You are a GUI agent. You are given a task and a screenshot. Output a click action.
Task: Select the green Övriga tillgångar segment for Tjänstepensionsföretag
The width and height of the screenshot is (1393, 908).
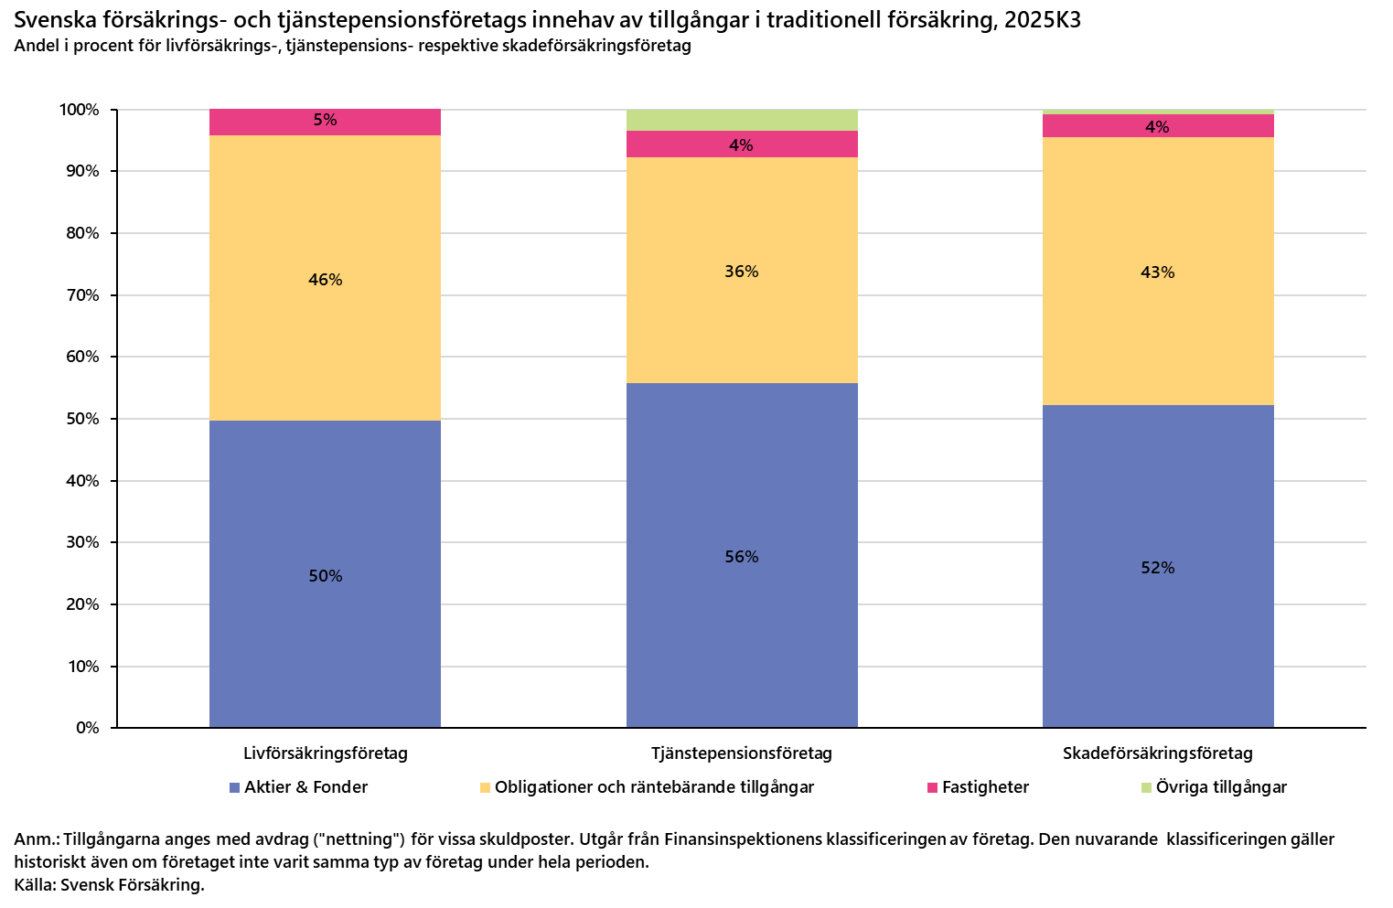[742, 120]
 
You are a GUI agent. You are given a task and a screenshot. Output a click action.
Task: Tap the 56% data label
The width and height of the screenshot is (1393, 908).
[742, 557]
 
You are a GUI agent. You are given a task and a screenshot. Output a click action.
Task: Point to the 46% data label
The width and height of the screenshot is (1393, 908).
[325, 280]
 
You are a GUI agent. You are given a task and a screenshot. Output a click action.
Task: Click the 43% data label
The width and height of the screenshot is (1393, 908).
[1157, 272]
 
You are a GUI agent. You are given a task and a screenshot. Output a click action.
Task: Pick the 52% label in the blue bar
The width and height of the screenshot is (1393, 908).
[1157, 568]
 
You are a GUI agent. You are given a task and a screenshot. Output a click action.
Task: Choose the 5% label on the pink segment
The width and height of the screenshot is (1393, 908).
[325, 120]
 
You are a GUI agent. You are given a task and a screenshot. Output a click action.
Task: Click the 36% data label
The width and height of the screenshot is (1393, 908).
[742, 272]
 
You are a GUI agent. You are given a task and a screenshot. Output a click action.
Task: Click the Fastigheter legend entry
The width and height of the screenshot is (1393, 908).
[978, 787]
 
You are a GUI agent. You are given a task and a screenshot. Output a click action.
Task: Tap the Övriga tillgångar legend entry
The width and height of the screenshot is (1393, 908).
[1214, 787]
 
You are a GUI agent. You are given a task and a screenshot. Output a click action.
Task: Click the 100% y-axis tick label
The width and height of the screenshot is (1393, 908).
[80, 110]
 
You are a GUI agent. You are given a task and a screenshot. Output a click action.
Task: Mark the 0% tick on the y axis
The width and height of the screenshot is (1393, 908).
[87, 728]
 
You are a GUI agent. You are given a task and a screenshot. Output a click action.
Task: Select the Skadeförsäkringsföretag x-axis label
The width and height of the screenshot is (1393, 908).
[1157, 753]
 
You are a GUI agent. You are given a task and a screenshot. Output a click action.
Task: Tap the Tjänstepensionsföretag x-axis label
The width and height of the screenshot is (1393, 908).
[742, 753]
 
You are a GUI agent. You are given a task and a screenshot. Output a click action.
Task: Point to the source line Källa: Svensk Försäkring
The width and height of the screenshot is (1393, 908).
[109, 884]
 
